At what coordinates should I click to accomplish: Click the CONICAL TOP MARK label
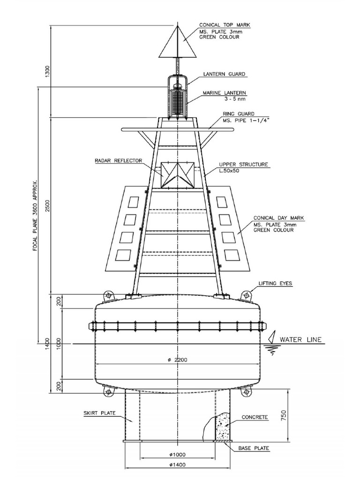224,25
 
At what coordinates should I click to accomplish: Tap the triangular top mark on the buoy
177,44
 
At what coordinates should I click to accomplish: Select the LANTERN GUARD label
224,74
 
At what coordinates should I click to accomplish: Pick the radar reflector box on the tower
177,175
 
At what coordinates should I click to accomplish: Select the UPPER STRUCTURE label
243,165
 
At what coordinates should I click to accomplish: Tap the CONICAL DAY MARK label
279,218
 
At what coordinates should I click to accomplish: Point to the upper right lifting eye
247,295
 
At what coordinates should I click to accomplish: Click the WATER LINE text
300,340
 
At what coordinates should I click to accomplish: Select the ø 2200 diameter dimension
177,360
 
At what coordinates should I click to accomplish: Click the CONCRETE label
255,417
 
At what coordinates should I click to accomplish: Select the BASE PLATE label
254,449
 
